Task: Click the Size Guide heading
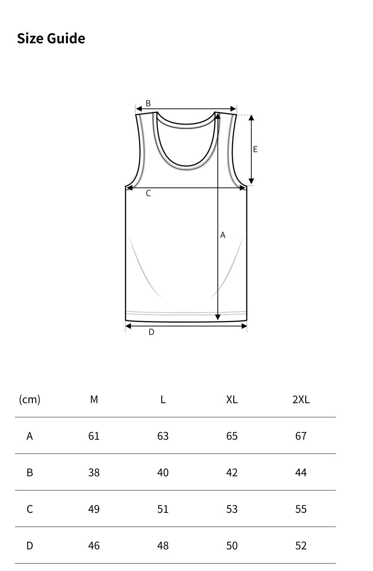tap(51, 38)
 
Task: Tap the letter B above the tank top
tap(148, 103)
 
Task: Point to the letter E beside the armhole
tap(255, 149)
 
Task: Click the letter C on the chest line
tap(148, 193)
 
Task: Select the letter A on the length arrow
tap(223, 235)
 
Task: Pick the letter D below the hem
tap(151, 332)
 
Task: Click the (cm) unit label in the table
tap(29, 399)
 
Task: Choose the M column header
tap(94, 399)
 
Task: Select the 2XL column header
tap(301, 399)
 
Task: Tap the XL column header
tap(232, 399)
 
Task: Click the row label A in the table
tap(29, 436)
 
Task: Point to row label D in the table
tap(29, 546)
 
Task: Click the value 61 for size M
tap(94, 436)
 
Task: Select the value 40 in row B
tap(163, 473)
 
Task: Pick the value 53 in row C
tap(232, 509)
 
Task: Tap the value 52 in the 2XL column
tap(301, 546)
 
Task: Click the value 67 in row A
tap(301, 436)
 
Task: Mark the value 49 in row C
tap(94, 509)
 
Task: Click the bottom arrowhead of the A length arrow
tap(218, 317)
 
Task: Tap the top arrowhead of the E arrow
tap(251, 118)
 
